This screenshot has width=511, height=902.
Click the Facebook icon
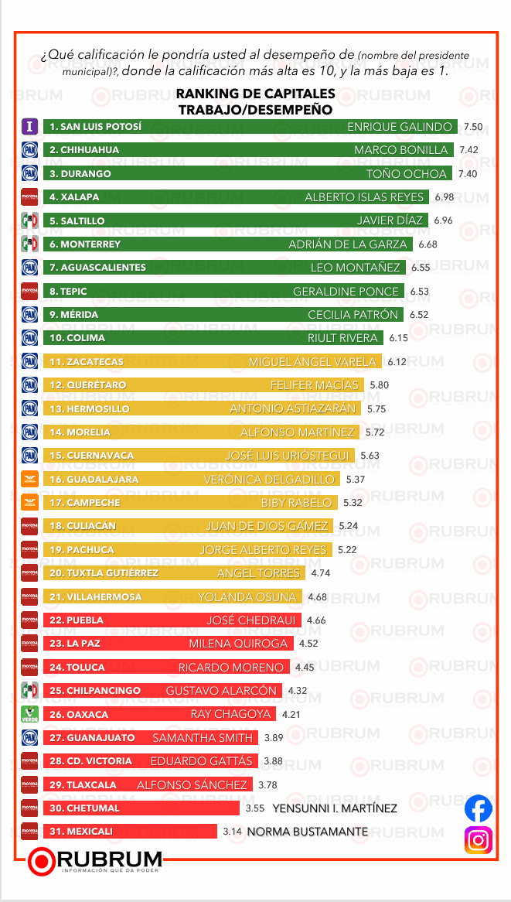tap(479, 809)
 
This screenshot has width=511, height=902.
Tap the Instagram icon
tap(479, 840)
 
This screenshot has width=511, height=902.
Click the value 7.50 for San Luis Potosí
tap(473, 126)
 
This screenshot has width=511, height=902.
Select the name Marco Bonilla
tap(400, 150)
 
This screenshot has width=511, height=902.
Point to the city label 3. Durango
tap(80, 174)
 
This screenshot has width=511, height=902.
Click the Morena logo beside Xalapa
tap(29, 197)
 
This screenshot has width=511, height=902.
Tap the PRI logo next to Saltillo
tap(29, 221)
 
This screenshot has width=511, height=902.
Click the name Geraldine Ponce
tap(346, 292)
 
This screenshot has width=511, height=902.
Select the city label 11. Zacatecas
tap(86, 362)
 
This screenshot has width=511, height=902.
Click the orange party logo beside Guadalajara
tap(29, 480)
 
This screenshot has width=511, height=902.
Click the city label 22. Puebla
tap(75, 620)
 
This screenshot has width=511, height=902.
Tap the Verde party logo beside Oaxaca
tap(29, 714)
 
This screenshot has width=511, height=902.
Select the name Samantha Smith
tap(203, 738)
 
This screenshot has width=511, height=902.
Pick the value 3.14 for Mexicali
tap(232, 832)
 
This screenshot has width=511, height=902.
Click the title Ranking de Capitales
tap(255, 94)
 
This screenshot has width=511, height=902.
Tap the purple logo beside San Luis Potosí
tap(29, 126)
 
